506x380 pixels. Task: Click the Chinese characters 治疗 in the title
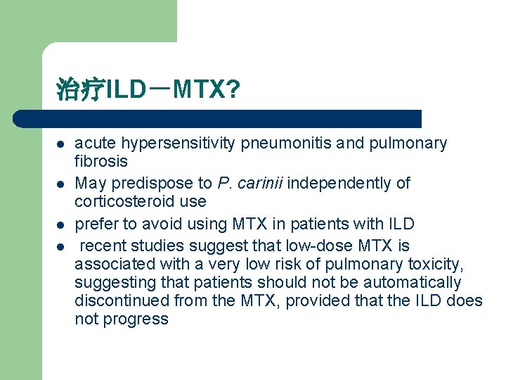pos(80,90)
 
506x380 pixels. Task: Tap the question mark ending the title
pos(233,89)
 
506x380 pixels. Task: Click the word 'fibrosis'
pos(101,161)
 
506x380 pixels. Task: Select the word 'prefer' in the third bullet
pos(95,224)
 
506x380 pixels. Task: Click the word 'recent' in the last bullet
pos(103,246)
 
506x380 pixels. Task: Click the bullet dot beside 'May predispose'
pos(61,184)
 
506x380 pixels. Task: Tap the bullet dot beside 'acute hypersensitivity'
pos(61,144)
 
